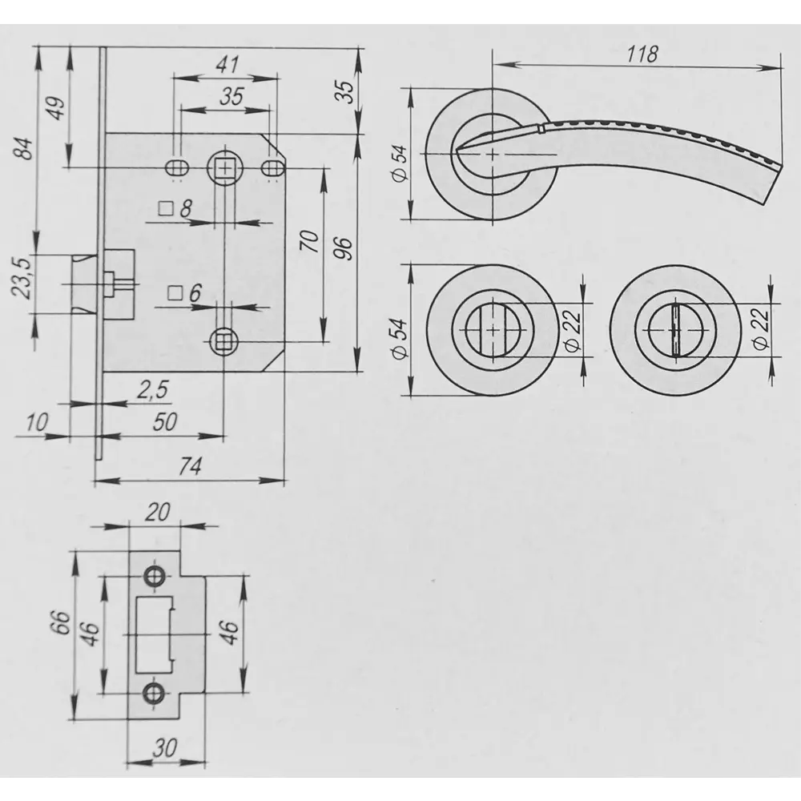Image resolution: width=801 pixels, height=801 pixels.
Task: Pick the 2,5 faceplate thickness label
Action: pos(151,390)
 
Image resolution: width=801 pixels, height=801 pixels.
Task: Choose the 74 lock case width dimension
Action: pos(190,466)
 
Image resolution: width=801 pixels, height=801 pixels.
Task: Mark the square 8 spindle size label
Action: pos(175,208)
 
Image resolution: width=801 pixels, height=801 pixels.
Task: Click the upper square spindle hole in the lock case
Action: pos(224,167)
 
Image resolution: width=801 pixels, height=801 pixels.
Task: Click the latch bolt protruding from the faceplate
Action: pos(83,283)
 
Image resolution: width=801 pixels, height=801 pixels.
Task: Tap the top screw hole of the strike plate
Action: pos(153,576)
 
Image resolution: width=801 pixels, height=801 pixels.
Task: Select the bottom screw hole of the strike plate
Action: pos(153,693)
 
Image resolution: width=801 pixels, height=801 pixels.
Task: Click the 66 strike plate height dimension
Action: pos(61,622)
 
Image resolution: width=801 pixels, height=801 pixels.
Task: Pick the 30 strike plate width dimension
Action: pos(165,749)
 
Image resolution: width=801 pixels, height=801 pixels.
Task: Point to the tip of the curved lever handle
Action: pos(780,166)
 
